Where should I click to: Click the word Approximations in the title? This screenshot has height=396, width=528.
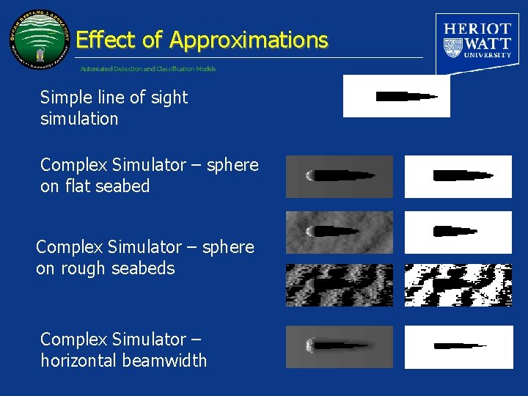(x=249, y=40)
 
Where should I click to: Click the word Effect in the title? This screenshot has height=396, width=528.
(x=107, y=40)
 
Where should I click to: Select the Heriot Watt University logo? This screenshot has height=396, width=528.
(x=477, y=40)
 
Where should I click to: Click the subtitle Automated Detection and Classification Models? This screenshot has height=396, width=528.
(x=148, y=69)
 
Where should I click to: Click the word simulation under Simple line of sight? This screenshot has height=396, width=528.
(x=79, y=119)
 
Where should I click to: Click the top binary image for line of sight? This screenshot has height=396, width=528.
(x=397, y=96)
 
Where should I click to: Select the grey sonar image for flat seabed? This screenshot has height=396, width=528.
(x=339, y=176)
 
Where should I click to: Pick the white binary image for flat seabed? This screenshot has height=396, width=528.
(x=458, y=176)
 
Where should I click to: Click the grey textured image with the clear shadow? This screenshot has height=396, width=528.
(x=339, y=232)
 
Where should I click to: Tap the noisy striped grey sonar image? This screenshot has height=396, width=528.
(x=339, y=285)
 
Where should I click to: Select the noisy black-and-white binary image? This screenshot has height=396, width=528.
(x=458, y=285)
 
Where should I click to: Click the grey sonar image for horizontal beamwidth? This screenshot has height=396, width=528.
(x=339, y=346)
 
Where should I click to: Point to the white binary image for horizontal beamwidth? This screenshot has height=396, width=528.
(x=458, y=346)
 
